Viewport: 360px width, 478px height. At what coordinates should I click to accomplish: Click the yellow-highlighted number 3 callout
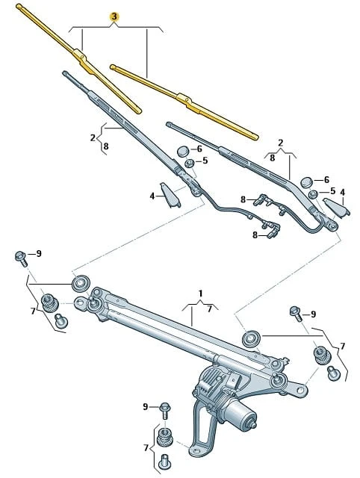pyautogui.click(x=114, y=16)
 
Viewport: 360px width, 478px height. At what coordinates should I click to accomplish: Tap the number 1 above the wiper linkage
pyautogui.click(x=200, y=294)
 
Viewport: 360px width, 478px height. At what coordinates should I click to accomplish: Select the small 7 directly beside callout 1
pyautogui.click(x=209, y=308)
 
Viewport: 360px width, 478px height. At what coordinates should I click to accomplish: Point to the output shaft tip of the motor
pyautogui.click(x=254, y=425)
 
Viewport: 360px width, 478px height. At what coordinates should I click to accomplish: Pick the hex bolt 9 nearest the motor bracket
pyautogui.click(x=166, y=410)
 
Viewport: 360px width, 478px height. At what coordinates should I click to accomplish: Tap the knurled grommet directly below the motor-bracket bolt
pyautogui.click(x=165, y=436)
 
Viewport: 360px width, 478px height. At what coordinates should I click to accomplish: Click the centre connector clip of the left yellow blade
pyautogui.click(x=81, y=58)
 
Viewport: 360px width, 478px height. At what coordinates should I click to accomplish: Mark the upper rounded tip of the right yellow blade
pyautogui.click(x=113, y=66)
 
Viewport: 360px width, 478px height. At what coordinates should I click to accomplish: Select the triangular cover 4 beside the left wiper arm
pyautogui.click(x=170, y=195)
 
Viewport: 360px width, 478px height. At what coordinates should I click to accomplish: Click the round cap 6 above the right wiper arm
pyautogui.click(x=306, y=182)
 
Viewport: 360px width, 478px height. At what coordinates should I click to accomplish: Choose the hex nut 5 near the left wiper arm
pyautogui.click(x=189, y=163)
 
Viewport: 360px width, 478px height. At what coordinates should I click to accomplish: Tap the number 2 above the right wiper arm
pyautogui.click(x=281, y=143)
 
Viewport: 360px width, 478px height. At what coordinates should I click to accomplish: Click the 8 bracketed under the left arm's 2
pyautogui.click(x=106, y=146)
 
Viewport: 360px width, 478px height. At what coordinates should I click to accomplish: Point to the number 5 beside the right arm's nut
pyautogui.click(x=332, y=191)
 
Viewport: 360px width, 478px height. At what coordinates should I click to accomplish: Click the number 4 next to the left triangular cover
pyautogui.click(x=152, y=196)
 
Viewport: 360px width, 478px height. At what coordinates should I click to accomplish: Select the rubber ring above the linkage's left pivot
pyautogui.click(x=81, y=284)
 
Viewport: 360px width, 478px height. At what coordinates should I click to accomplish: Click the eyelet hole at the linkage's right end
pyautogui.click(x=300, y=390)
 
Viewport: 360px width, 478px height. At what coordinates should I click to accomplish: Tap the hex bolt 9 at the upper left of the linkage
pyautogui.click(x=21, y=258)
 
